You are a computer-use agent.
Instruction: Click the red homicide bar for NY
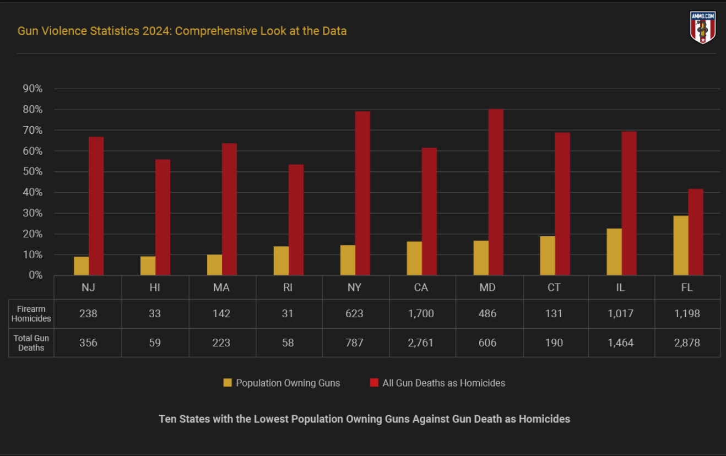[x=362, y=193]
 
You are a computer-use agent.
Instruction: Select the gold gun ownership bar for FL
[x=681, y=245]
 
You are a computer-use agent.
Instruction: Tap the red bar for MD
[x=496, y=192]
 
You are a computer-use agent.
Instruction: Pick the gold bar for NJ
[x=81, y=265]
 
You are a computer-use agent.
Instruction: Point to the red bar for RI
[x=296, y=220]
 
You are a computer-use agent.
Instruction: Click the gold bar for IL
[x=614, y=252]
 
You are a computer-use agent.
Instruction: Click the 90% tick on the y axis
[x=32, y=89]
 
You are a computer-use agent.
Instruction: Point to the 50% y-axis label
[x=32, y=172]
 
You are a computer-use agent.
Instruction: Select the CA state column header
[x=421, y=287]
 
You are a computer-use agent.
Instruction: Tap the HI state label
[x=155, y=287]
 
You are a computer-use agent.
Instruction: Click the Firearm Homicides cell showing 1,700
[x=421, y=314]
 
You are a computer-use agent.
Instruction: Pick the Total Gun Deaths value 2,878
[x=687, y=343]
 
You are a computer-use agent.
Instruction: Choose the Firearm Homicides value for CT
[x=554, y=314]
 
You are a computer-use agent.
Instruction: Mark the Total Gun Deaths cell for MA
[x=221, y=343]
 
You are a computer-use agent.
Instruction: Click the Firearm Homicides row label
[x=31, y=314]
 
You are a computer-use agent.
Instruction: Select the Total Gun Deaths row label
[x=31, y=343]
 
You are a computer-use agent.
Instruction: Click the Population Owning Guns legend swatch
[x=227, y=383]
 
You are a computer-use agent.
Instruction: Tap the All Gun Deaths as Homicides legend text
[x=444, y=383]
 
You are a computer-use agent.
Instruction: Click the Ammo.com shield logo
[x=703, y=28]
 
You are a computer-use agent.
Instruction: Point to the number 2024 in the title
[x=155, y=31]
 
